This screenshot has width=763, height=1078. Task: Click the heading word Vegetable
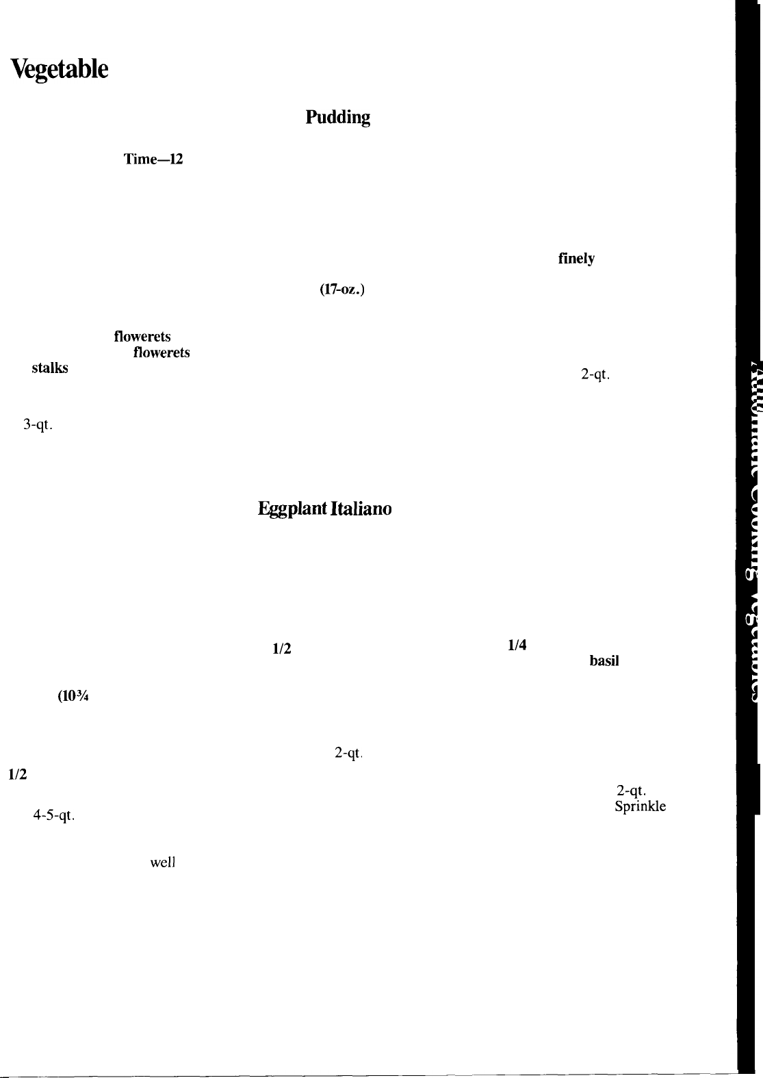click(59, 70)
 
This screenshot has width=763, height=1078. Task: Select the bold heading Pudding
click(337, 118)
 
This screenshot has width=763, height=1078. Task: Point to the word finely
click(576, 259)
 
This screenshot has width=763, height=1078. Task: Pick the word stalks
click(49, 368)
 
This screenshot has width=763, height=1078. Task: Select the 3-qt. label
click(38, 425)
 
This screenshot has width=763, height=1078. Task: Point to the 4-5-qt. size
click(53, 816)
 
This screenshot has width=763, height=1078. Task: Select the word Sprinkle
click(640, 806)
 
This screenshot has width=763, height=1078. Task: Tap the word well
click(164, 863)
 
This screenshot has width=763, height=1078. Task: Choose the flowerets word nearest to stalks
click(161, 353)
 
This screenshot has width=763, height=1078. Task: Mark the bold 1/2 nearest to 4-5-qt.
click(17, 775)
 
